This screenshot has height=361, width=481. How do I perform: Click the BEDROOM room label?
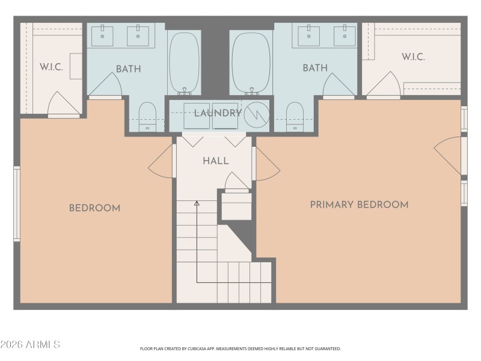click(x=94, y=208)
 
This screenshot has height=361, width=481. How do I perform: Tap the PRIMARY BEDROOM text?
click(x=359, y=205)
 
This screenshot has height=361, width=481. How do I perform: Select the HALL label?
click(x=215, y=161)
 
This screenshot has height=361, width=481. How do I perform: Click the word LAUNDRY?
click(x=218, y=113)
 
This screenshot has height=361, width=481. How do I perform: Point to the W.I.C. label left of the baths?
click(x=51, y=67)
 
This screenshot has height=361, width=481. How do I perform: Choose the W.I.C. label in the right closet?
click(x=413, y=57)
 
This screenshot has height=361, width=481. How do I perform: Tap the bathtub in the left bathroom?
click(x=185, y=63)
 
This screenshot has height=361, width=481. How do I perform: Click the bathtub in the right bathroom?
click(x=251, y=63)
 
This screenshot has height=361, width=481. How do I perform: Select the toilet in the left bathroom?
click(x=147, y=116)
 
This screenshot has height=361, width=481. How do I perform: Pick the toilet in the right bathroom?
click(x=295, y=116)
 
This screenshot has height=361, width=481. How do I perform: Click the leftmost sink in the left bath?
click(x=102, y=35)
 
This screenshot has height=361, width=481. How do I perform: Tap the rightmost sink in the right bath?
click(x=346, y=35)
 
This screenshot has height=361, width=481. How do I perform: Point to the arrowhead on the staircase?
click(x=197, y=204)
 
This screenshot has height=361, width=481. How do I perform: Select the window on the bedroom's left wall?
click(x=17, y=204)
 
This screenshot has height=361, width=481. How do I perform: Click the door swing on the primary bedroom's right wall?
click(x=448, y=155)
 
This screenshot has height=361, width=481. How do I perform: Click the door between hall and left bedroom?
click(x=161, y=161)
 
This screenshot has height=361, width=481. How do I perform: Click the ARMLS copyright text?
click(x=30, y=345)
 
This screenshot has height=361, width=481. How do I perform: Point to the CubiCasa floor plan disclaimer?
click(x=240, y=348)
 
